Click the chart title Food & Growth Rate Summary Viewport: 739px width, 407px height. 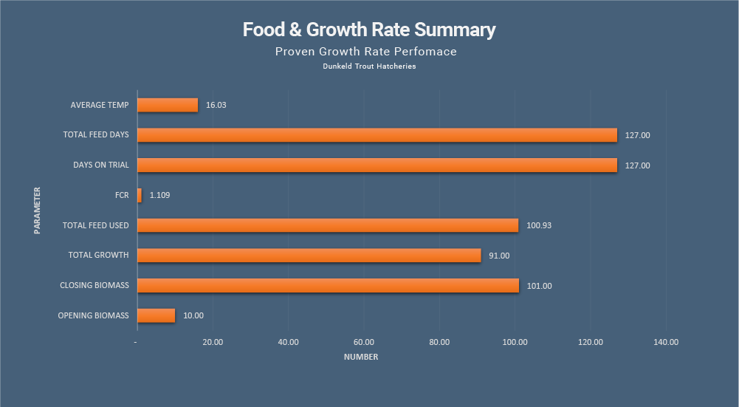(369, 30)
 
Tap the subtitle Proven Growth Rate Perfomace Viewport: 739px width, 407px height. (365, 52)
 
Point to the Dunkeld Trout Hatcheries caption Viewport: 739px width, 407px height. (369, 66)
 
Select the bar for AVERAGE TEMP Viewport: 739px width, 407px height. (168, 105)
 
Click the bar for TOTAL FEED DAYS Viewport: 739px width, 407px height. (377, 135)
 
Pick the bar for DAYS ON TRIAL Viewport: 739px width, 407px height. (377, 165)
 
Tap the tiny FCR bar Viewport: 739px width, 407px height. (140, 195)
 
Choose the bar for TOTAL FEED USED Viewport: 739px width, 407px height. (328, 225)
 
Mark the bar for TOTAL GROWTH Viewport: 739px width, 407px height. (309, 256)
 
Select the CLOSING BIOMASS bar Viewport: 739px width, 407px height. (328, 285)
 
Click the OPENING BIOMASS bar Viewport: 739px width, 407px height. (157, 315)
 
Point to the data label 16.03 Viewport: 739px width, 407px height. (216, 106)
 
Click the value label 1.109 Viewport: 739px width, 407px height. (159, 196)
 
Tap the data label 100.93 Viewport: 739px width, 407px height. (539, 225)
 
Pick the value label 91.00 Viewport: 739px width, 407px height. (499, 256)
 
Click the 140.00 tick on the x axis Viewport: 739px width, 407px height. (666, 342)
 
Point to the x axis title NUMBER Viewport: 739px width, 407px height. (361, 358)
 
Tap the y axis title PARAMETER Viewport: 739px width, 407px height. (37, 211)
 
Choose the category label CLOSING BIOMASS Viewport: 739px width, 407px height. (94, 285)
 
